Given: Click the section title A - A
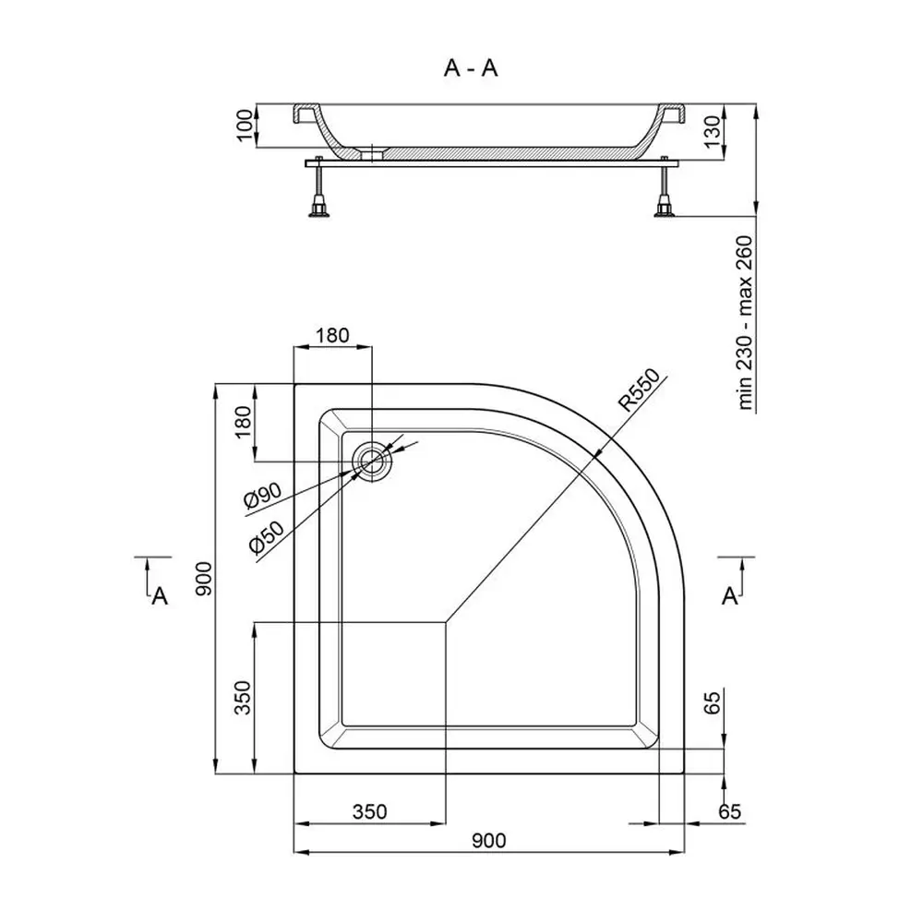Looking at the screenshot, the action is (471, 68).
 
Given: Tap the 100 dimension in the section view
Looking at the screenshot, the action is (245, 126).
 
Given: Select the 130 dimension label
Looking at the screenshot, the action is (712, 132).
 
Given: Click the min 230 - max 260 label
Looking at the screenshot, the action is (745, 322).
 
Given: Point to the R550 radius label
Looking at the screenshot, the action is (639, 390).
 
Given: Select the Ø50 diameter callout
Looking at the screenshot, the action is (267, 538).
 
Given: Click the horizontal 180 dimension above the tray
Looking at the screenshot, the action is (332, 336).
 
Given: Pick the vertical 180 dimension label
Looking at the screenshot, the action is (243, 422).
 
